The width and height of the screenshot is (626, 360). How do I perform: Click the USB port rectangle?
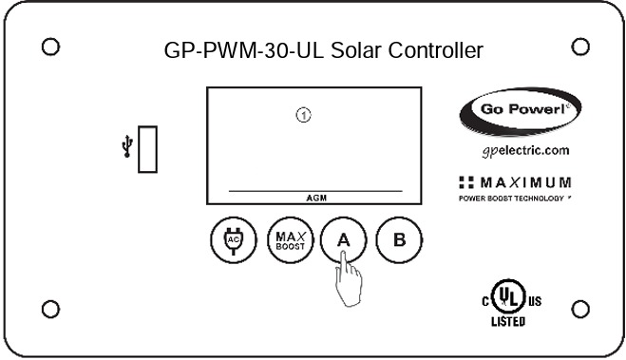click(147, 150)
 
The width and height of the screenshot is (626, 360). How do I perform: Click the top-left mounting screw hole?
click(52, 46)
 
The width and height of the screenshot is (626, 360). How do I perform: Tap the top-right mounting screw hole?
click(581, 46)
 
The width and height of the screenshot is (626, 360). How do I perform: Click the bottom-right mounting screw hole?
click(581, 308)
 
